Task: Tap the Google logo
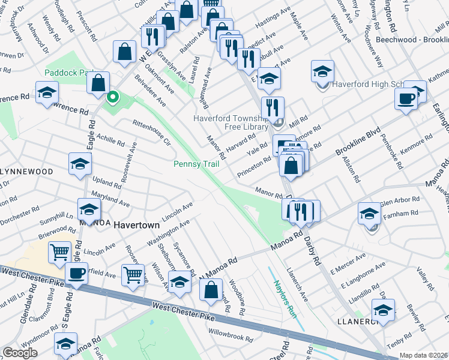[20, 353]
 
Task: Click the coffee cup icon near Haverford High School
[406, 98]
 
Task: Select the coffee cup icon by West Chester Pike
[76, 274]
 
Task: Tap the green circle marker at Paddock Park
[112, 96]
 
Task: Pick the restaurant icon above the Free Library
[273, 108]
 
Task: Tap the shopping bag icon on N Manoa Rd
[211, 289]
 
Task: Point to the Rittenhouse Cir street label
[151, 131]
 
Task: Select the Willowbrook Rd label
[228, 331]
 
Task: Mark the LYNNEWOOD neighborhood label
[26, 172]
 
